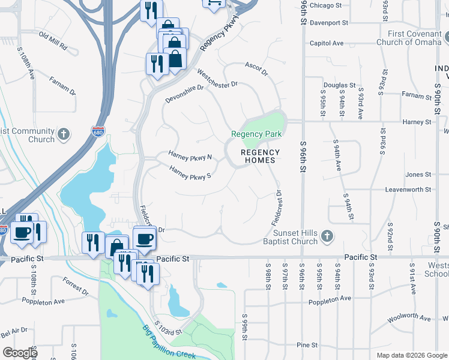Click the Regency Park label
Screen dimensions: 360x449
(x=257, y=134)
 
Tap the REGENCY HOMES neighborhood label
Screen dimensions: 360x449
(x=260, y=156)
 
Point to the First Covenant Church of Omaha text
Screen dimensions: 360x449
(x=408, y=38)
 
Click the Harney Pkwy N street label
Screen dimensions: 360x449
(x=190, y=155)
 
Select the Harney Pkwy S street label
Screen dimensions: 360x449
(x=190, y=174)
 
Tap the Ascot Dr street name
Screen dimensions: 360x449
(x=256, y=67)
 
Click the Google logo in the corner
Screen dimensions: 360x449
(x=20, y=353)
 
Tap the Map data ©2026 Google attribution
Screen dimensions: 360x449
(x=411, y=355)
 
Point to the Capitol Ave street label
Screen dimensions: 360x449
(x=326, y=43)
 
